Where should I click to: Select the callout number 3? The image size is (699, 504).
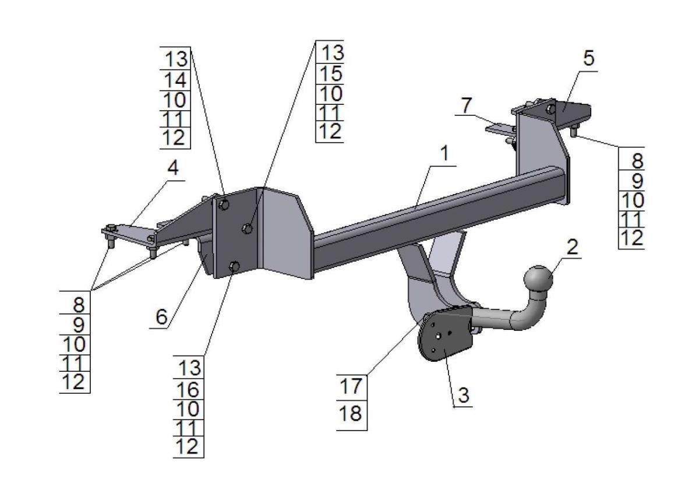click(463, 395)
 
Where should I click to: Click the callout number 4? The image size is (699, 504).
click(172, 168)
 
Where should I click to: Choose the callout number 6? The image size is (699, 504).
click(161, 316)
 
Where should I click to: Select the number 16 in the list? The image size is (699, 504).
click(189, 388)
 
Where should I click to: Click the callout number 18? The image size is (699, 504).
click(351, 414)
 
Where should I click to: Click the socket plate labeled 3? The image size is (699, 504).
click(444, 338)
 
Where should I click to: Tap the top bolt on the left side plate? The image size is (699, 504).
click(223, 204)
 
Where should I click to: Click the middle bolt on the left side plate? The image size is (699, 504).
click(247, 229)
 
